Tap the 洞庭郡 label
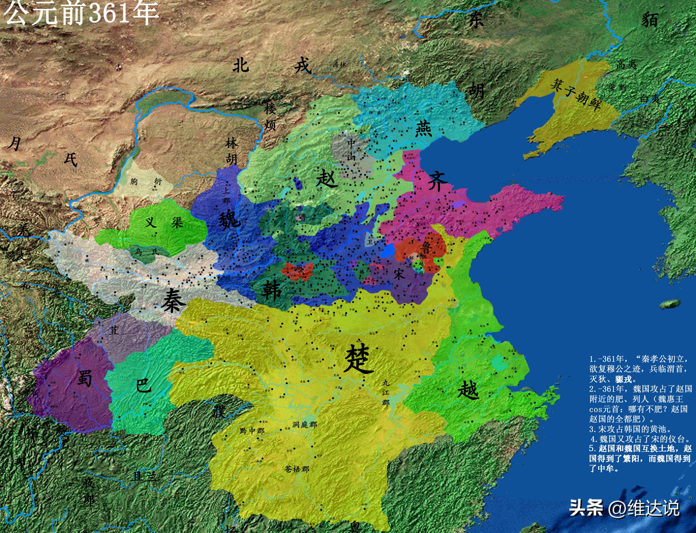point(304,424)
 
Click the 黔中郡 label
point(252,431)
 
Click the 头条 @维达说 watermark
point(624,508)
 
